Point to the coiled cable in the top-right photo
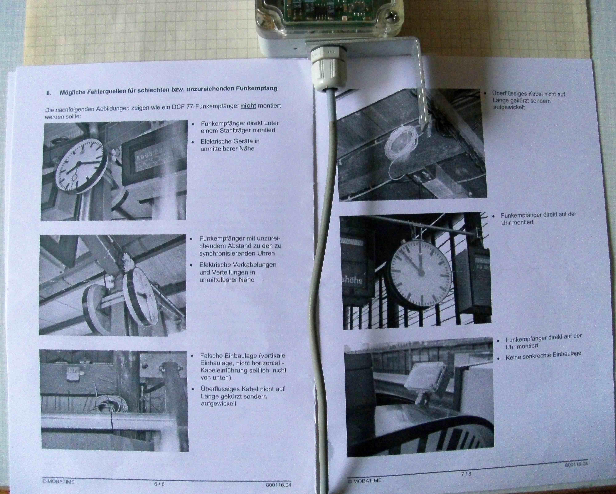pyautogui.click(x=400, y=143)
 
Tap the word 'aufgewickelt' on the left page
pyautogui.click(x=219, y=404)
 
